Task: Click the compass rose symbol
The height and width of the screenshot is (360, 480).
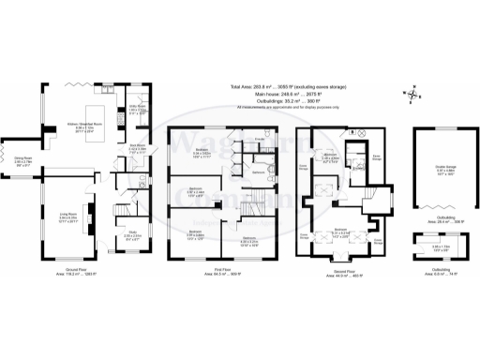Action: point(410,93)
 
